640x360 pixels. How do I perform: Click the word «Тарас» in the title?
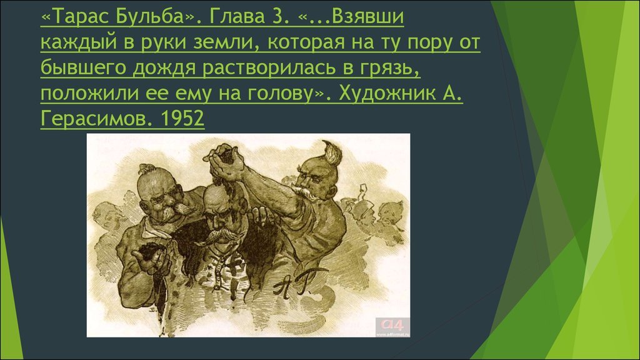[77, 17]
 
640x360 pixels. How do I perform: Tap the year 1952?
[182, 119]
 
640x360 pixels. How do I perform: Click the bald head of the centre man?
[216, 198]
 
